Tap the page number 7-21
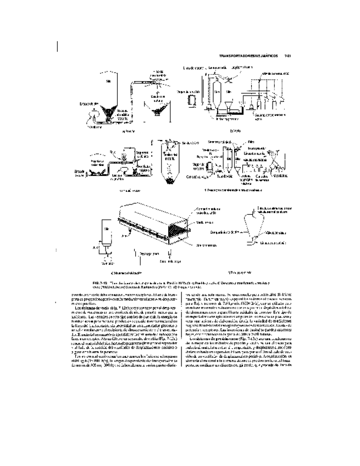tap(286, 56)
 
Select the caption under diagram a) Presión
tap(128, 132)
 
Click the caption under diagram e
tap(126, 273)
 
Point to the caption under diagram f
tap(240, 273)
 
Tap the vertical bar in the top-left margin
tap(57, 45)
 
